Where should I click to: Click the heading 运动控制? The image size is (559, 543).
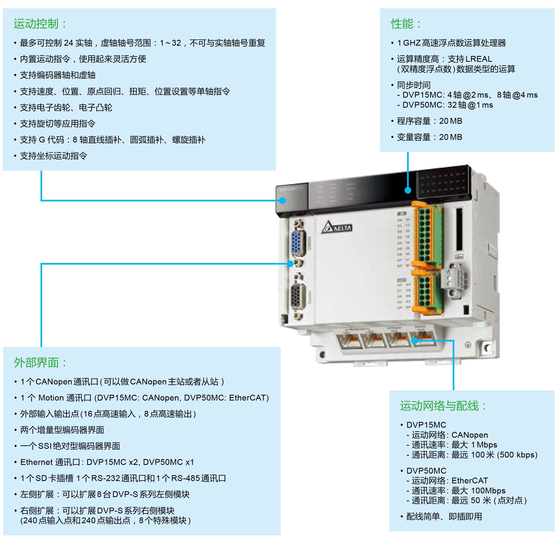pyautogui.click(x=36, y=24)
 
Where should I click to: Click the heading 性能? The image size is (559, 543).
pyautogui.click(x=403, y=24)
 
